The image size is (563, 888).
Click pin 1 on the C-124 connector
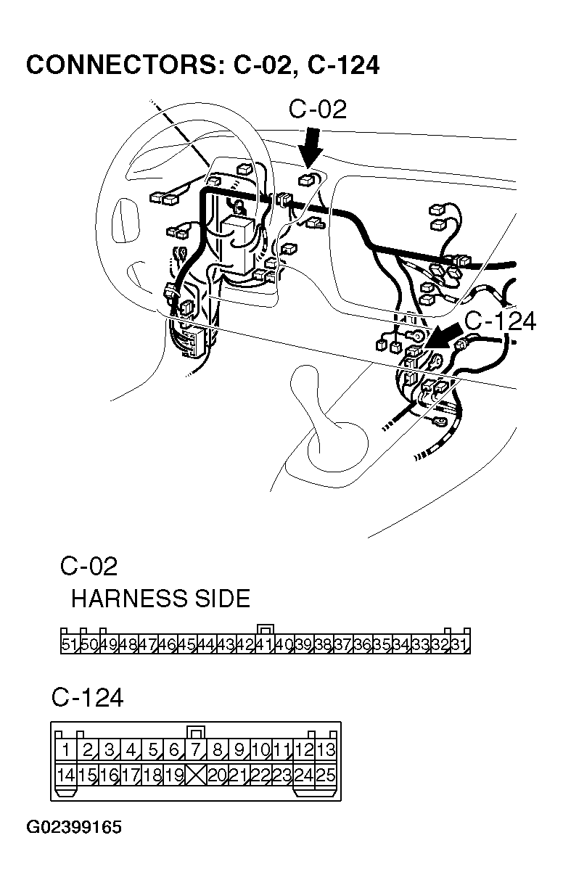pos(66,750)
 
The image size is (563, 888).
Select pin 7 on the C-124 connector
pos(196,750)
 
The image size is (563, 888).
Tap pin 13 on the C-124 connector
pos(326,750)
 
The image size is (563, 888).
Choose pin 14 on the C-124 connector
pos(66,775)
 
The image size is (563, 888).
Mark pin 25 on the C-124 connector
pos(326,775)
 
